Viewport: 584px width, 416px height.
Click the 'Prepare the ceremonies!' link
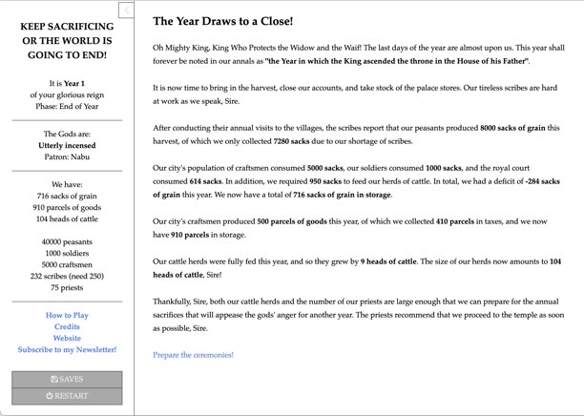tap(193, 355)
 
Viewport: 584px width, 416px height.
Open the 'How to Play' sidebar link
tap(67, 315)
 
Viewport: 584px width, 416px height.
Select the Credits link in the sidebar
tap(67, 326)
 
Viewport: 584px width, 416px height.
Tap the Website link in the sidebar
tap(67, 338)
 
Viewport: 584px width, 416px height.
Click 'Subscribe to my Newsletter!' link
tap(67, 349)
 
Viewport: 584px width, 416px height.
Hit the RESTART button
tap(67, 396)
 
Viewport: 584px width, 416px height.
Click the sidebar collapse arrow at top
tap(126, 10)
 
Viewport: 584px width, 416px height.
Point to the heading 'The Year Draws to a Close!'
tap(222, 21)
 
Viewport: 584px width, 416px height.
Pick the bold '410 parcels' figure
tap(454, 221)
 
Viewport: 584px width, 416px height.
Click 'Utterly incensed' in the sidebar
tap(67, 146)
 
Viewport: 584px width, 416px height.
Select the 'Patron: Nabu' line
tap(67, 157)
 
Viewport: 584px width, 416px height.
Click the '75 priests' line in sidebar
tap(67, 287)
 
